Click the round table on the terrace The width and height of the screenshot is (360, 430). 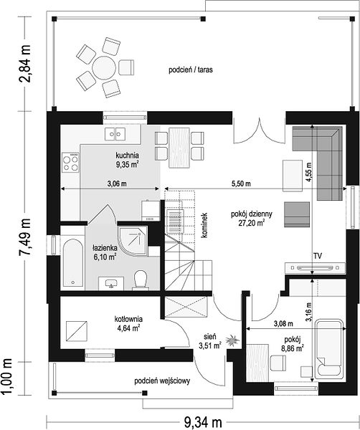pyautogui.click(x=104, y=68)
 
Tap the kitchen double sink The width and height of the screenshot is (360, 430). pyautogui.click(x=115, y=134)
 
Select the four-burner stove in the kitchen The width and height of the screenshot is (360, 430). pyautogui.click(x=70, y=163)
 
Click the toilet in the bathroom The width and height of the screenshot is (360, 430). pyautogui.click(x=141, y=279)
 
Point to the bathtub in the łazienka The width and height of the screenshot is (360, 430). pyautogui.click(x=73, y=263)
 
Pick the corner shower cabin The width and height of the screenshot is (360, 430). pyautogui.click(x=133, y=242)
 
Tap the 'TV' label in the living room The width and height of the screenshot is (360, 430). pyautogui.click(x=318, y=256)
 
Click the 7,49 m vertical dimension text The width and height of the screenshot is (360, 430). pyautogui.click(x=24, y=237)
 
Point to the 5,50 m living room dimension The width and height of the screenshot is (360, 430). pyautogui.click(x=241, y=183)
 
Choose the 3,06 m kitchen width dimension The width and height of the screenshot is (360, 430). pyautogui.click(x=117, y=183)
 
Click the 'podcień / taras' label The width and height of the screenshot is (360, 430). pyautogui.click(x=191, y=70)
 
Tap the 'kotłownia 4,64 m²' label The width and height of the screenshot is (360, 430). pyautogui.click(x=128, y=323)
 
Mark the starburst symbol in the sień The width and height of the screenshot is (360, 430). pyautogui.click(x=232, y=340)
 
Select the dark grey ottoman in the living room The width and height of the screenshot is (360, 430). pyautogui.click(x=297, y=214)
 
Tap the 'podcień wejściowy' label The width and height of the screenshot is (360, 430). pyautogui.click(x=162, y=381)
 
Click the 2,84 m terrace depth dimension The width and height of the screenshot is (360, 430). pyautogui.click(x=24, y=64)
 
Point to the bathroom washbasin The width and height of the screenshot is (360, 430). pyautogui.click(x=111, y=283)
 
